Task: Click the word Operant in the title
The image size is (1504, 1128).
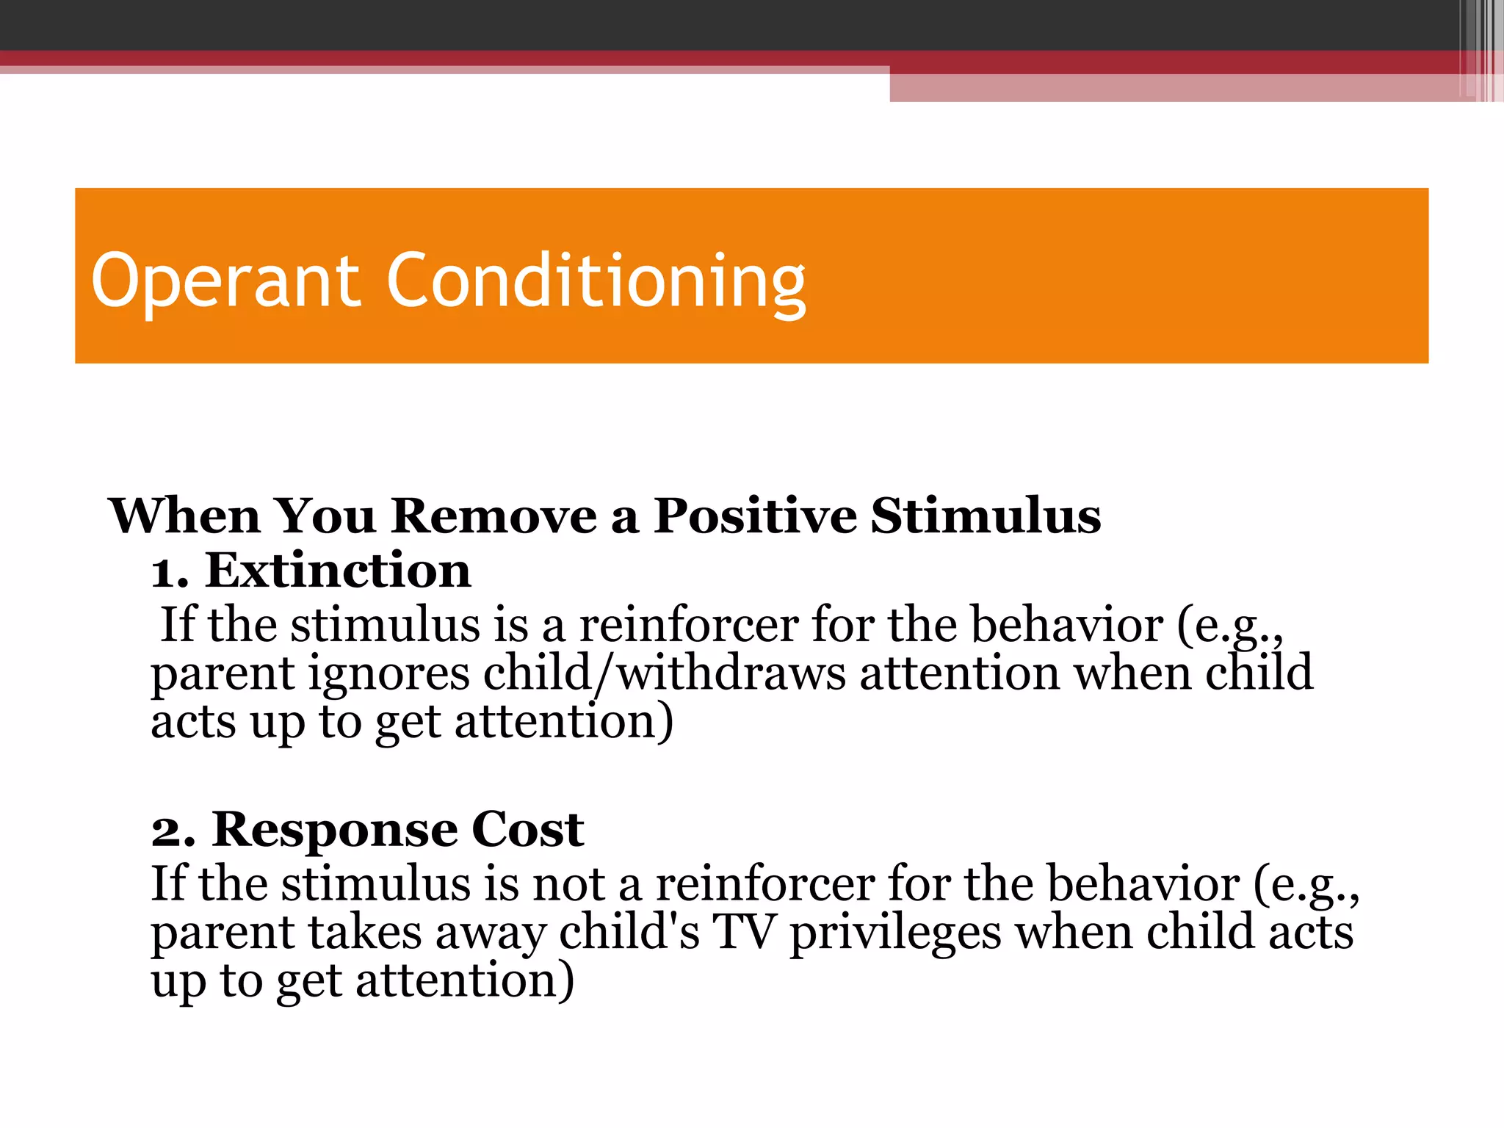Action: point(225,281)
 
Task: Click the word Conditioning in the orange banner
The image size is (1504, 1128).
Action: point(596,281)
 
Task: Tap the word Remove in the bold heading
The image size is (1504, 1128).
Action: point(493,516)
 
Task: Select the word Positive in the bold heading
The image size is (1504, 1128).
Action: point(755,516)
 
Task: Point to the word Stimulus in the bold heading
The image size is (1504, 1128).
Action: point(986,516)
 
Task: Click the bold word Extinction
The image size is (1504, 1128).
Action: point(338,571)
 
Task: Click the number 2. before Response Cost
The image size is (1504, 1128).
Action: point(173,831)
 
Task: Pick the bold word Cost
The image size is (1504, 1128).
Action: point(527,830)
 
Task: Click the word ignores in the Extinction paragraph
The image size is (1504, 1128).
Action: point(388,674)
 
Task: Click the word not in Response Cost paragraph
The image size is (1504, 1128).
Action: point(568,884)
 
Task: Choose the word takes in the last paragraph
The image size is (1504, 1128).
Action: point(364,933)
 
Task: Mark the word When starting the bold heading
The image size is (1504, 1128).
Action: point(184,516)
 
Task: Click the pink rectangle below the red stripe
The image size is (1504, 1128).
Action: point(1175,87)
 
